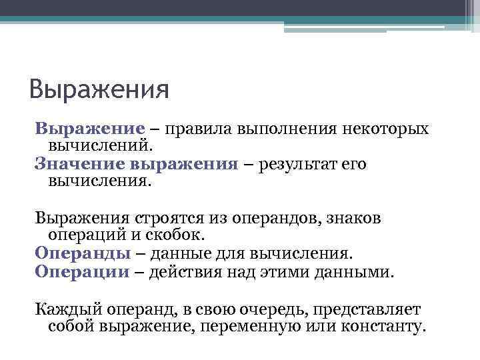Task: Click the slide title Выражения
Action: [100, 89]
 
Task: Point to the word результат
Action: [297, 164]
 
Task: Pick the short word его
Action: [353, 164]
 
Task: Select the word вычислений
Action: [99, 145]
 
